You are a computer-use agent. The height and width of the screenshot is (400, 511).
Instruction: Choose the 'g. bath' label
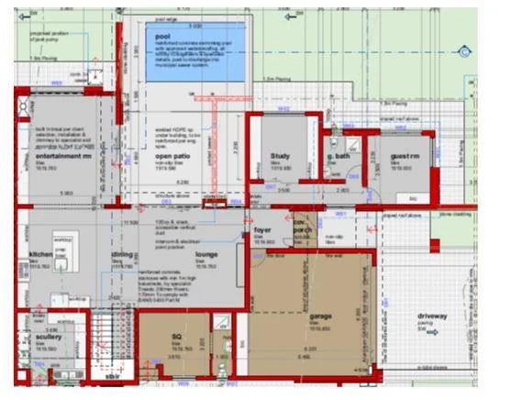[x=339, y=156]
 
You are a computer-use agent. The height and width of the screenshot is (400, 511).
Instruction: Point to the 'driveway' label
[x=432, y=317]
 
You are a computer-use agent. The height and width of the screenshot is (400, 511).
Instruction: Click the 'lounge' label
[x=206, y=254]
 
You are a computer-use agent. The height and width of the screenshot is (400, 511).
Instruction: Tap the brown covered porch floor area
[x=303, y=239]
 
